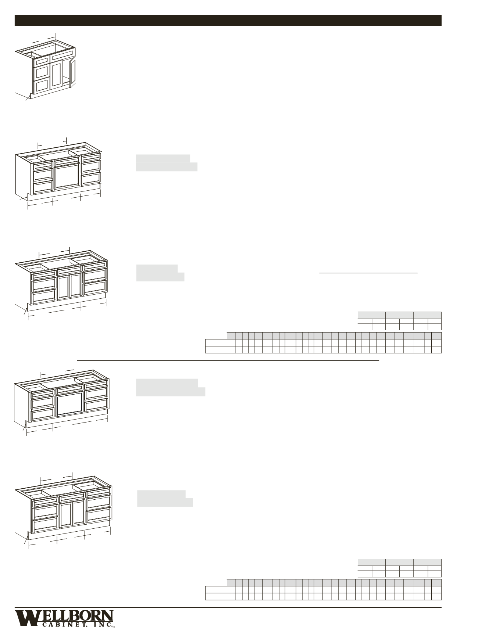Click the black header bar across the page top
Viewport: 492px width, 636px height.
click(228, 20)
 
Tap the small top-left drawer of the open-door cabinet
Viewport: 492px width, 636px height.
click(42, 60)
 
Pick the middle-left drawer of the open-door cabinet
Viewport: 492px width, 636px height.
click(42, 72)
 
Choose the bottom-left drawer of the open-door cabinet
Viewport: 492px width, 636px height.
click(42, 85)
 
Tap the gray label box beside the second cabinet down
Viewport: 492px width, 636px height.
click(167, 163)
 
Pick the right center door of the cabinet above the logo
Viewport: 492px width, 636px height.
click(79, 512)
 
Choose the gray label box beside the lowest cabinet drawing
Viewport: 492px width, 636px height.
click(165, 498)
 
